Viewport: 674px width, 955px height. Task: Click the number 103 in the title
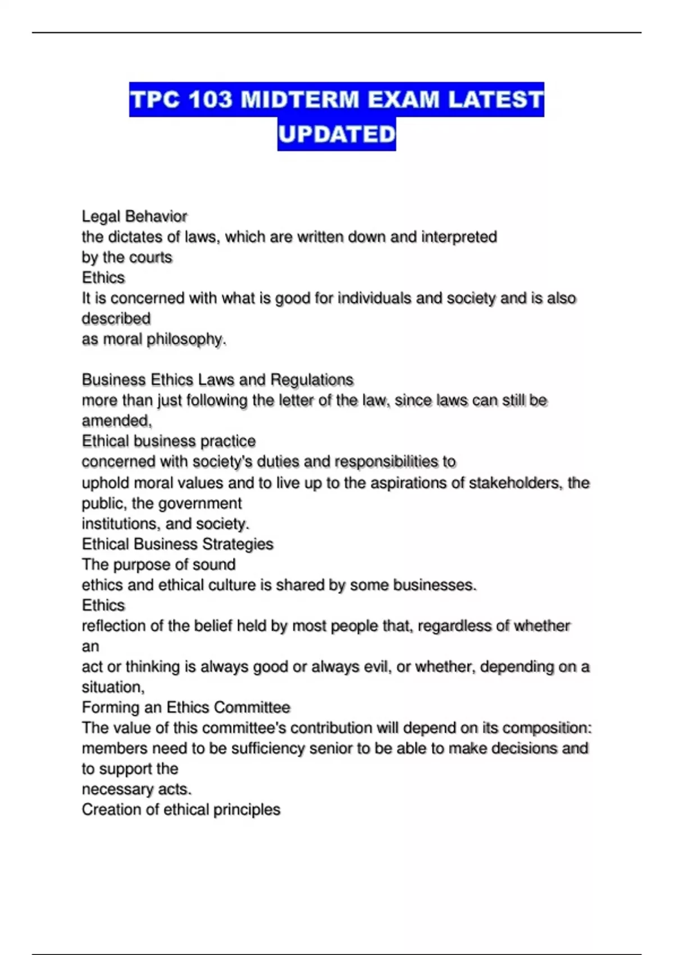[210, 100]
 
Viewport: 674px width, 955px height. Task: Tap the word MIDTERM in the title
[300, 100]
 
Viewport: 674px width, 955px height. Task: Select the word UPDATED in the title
[337, 134]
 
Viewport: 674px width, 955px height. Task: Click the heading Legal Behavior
[134, 216]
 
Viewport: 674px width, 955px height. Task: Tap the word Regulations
[312, 380]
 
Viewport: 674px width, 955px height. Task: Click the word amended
[116, 421]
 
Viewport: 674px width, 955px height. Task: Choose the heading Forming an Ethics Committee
[186, 707]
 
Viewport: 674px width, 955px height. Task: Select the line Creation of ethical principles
[181, 810]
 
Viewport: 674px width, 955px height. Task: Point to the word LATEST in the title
[496, 100]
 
